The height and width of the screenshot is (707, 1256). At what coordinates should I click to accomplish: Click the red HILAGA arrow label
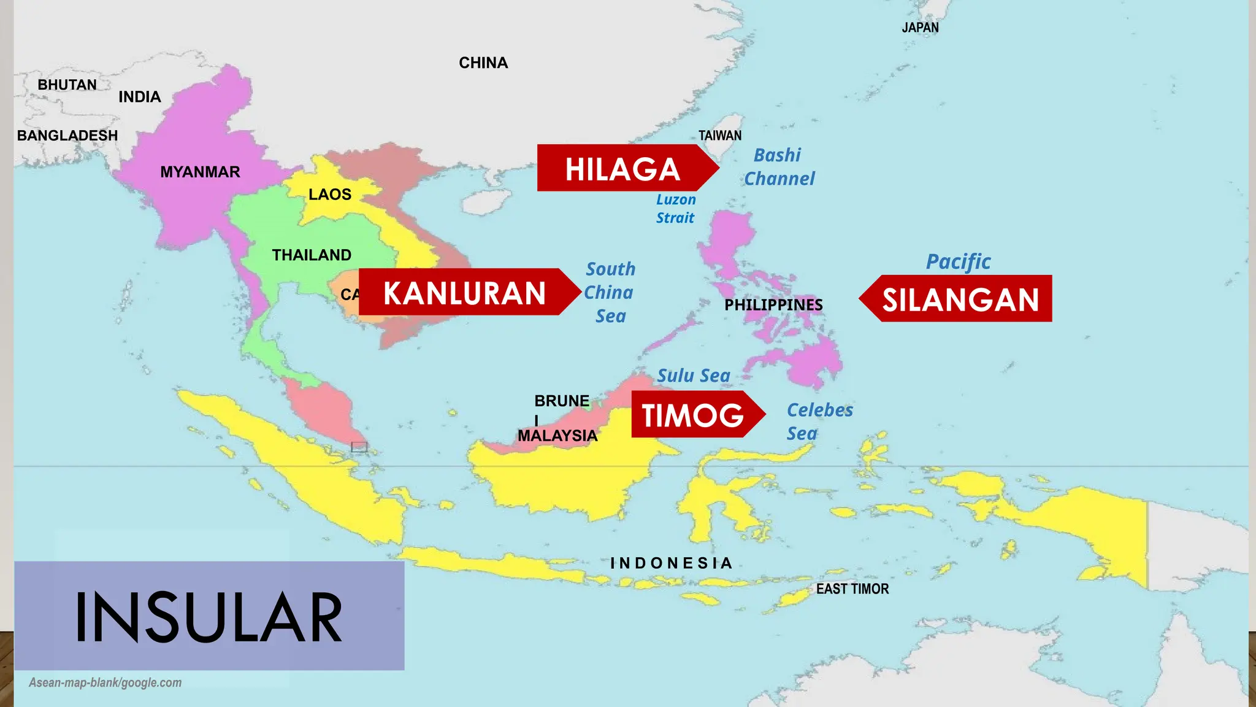click(x=622, y=169)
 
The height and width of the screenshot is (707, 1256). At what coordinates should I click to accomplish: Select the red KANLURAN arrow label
click(x=464, y=293)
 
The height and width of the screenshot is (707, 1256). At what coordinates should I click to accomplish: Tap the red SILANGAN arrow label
click(x=960, y=299)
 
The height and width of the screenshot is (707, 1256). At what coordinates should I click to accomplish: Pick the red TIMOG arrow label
click(x=693, y=415)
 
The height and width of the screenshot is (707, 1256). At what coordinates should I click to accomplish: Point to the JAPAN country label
click(x=920, y=28)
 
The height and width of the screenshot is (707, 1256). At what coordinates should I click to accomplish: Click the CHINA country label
click(x=483, y=63)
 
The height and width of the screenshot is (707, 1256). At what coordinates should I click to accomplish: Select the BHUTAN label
click(x=67, y=85)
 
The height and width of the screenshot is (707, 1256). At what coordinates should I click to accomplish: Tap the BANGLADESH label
click(x=67, y=136)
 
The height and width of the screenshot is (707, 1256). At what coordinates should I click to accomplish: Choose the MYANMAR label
click(x=200, y=172)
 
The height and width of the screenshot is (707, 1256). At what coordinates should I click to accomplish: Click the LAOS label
click(x=330, y=195)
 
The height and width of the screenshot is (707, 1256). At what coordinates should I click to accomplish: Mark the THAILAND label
click(x=312, y=255)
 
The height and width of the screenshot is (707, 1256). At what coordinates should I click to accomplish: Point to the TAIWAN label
click(x=720, y=136)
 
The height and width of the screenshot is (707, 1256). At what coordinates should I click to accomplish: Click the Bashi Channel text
click(x=778, y=167)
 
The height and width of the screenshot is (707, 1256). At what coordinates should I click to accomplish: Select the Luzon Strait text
click(x=676, y=209)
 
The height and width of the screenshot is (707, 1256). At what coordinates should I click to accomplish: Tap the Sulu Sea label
click(x=694, y=376)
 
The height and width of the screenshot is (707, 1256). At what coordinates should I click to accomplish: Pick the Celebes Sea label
click(x=819, y=422)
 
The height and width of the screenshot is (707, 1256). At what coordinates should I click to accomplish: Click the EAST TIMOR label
click(x=852, y=589)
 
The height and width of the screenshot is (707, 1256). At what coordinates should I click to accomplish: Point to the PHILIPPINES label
click(x=773, y=305)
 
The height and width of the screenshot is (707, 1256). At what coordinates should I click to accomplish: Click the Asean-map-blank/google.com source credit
click(x=105, y=682)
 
